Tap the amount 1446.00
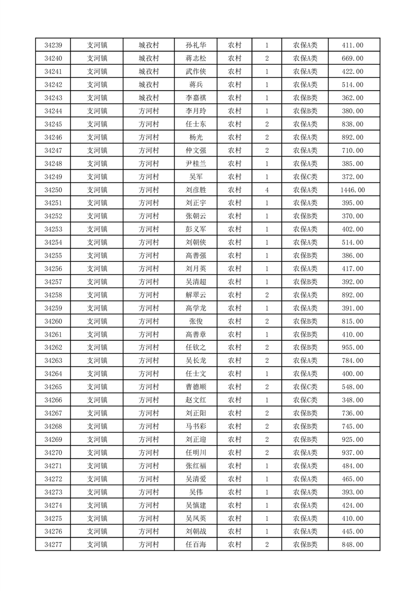coord(353,190)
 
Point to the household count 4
coord(267,190)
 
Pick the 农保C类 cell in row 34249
coord(305,177)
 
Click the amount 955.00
coord(353,348)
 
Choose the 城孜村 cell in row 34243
coord(149,98)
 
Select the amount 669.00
coord(353,58)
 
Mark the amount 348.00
coord(353,400)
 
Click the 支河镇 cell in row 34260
coord(97,321)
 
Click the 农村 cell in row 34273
coord(235,492)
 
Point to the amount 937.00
coord(353,452)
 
